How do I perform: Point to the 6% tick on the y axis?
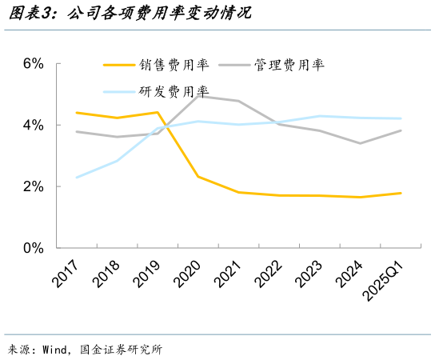pyautogui.click(x=32, y=64)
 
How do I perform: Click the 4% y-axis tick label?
pyautogui.click(x=32, y=126)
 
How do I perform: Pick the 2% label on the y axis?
pyautogui.click(x=32, y=186)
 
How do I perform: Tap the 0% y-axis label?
pyautogui.click(x=32, y=248)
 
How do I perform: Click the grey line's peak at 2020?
pyautogui.click(x=198, y=96)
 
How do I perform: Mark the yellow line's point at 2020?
pyautogui.click(x=198, y=177)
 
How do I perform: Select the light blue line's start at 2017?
pyautogui.click(x=76, y=178)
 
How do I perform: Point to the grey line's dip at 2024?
pyautogui.click(x=361, y=143)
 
